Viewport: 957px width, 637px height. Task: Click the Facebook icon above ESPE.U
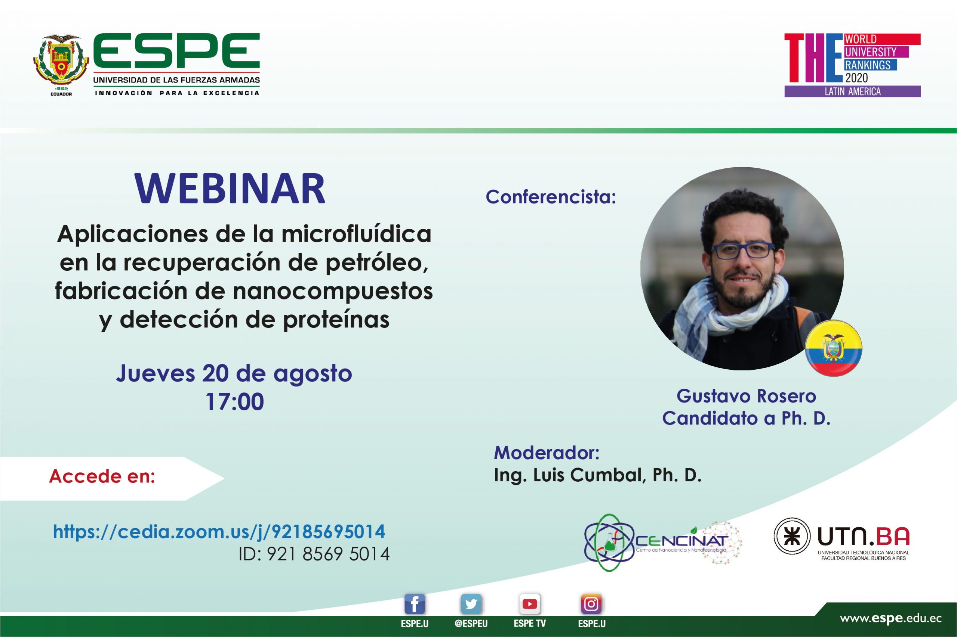[x=415, y=605]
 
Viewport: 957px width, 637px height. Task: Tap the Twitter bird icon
[x=471, y=605]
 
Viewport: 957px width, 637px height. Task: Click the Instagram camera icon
[x=591, y=605]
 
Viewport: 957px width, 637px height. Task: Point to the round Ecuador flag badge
[x=834, y=348]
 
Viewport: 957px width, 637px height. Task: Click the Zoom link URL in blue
[x=219, y=531]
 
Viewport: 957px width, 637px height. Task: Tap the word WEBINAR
[x=230, y=189]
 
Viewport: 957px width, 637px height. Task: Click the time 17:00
[x=235, y=402]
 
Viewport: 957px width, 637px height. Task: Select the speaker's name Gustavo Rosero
[x=746, y=396]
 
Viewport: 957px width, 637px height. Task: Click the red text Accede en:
[x=102, y=476]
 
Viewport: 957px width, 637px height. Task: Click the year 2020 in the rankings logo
[x=856, y=78]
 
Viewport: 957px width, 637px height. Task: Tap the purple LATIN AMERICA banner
[x=852, y=91]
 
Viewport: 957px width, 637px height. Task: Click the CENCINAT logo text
[x=681, y=541]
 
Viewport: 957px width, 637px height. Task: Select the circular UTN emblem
[x=791, y=536]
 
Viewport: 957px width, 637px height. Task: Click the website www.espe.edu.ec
[x=891, y=618]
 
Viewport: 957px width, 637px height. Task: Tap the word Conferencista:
[x=551, y=197]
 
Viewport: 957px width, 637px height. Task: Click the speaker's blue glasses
[x=743, y=251]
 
